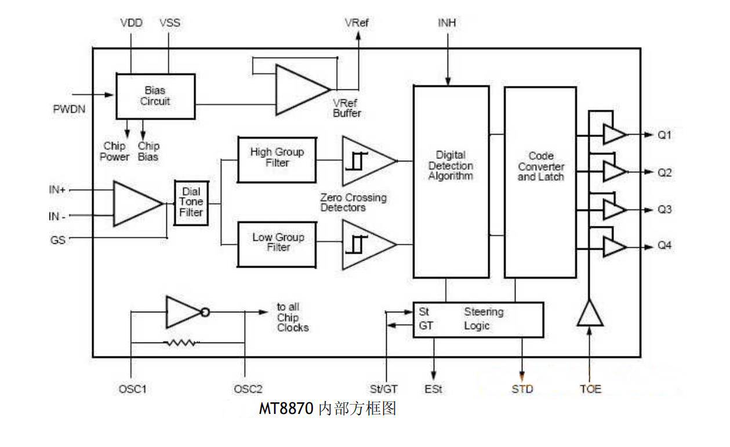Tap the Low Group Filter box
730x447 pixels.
277,243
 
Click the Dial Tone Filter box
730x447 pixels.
191,202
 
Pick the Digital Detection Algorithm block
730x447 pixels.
451,181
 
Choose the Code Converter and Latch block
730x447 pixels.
540,181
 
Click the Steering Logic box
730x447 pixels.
478,319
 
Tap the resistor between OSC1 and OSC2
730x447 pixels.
181,343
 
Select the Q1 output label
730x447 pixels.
664,135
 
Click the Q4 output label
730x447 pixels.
664,246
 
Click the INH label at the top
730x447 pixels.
446,23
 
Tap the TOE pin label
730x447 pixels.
590,389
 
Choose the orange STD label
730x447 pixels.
522,389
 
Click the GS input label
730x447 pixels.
57,240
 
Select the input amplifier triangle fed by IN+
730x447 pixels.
136,203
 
